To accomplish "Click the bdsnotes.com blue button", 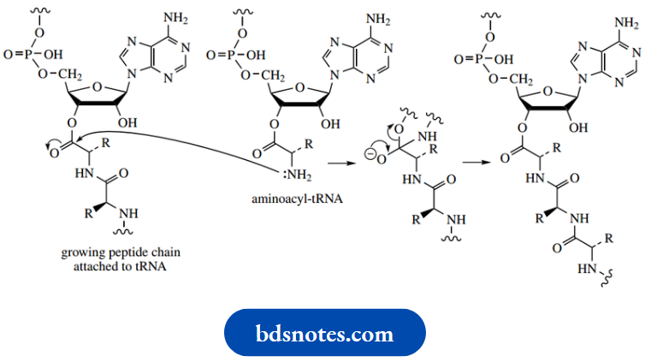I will tap(324, 333).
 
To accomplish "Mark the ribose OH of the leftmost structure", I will tap(128, 121).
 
